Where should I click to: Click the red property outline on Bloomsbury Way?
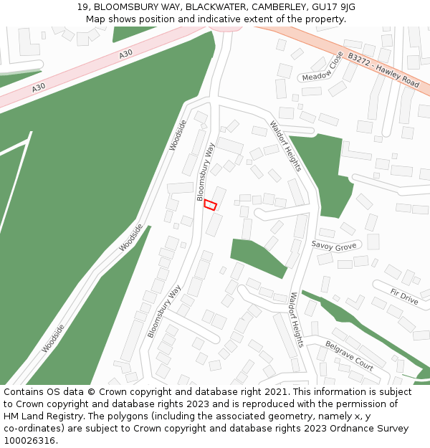coord(210,205)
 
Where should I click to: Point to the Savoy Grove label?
coord(334,245)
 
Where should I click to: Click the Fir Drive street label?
coord(403,296)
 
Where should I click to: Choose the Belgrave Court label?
coord(349,355)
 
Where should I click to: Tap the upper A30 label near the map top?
coord(126,54)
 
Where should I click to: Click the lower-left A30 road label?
coord(39,87)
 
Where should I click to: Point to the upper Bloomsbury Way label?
coord(206,171)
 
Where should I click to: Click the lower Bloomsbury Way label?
coord(164,312)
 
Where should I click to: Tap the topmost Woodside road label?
coord(177,135)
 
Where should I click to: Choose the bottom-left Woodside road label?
coord(53,338)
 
